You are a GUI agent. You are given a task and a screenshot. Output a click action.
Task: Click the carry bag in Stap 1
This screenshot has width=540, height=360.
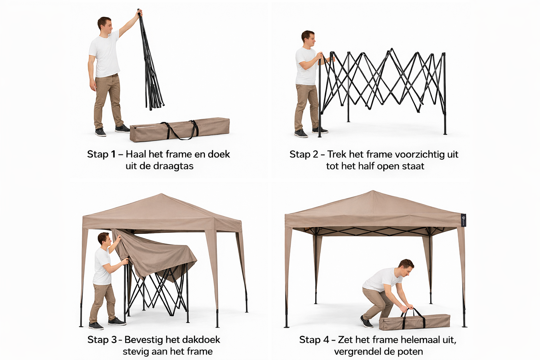click(x=180, y=129)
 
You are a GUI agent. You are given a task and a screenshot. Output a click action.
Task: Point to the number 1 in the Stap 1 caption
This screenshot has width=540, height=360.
click(x=113, y=154)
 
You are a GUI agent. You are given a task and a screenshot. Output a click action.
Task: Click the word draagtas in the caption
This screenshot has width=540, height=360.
click(x=173, y=166)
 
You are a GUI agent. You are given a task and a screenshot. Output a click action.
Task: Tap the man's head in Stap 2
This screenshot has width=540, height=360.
click(x=308, y=40)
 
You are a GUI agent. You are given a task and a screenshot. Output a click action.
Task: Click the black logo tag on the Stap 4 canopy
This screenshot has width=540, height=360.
click(x=463, y=220)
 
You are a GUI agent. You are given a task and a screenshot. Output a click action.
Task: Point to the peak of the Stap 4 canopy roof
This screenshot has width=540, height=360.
click(x=373, y=191)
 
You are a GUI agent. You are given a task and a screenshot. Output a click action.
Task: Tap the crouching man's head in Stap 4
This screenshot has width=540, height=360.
click(x=406, y=268)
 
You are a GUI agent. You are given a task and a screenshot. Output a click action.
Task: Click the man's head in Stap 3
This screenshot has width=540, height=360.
click(x=103, y=239)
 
